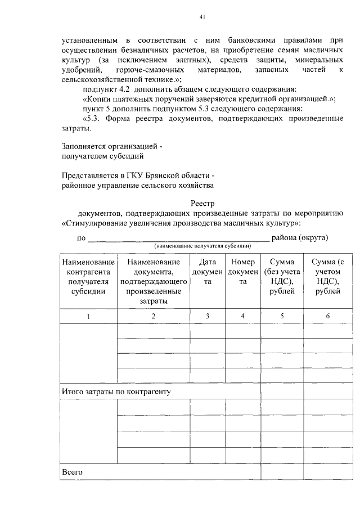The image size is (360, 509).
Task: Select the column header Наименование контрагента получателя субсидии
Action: (x=88, y=277)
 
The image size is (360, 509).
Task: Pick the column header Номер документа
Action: (x=243, y=272)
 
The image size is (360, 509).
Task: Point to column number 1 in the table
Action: (x=88, y=316)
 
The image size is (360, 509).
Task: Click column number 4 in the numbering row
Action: (x=243, y=316)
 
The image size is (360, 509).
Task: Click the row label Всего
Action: (x=73, y=472)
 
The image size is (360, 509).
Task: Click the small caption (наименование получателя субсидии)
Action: (x=202, y=246)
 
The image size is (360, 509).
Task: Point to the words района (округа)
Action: (x=299, y=237)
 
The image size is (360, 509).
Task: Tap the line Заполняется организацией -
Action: (x=111, y=146)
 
